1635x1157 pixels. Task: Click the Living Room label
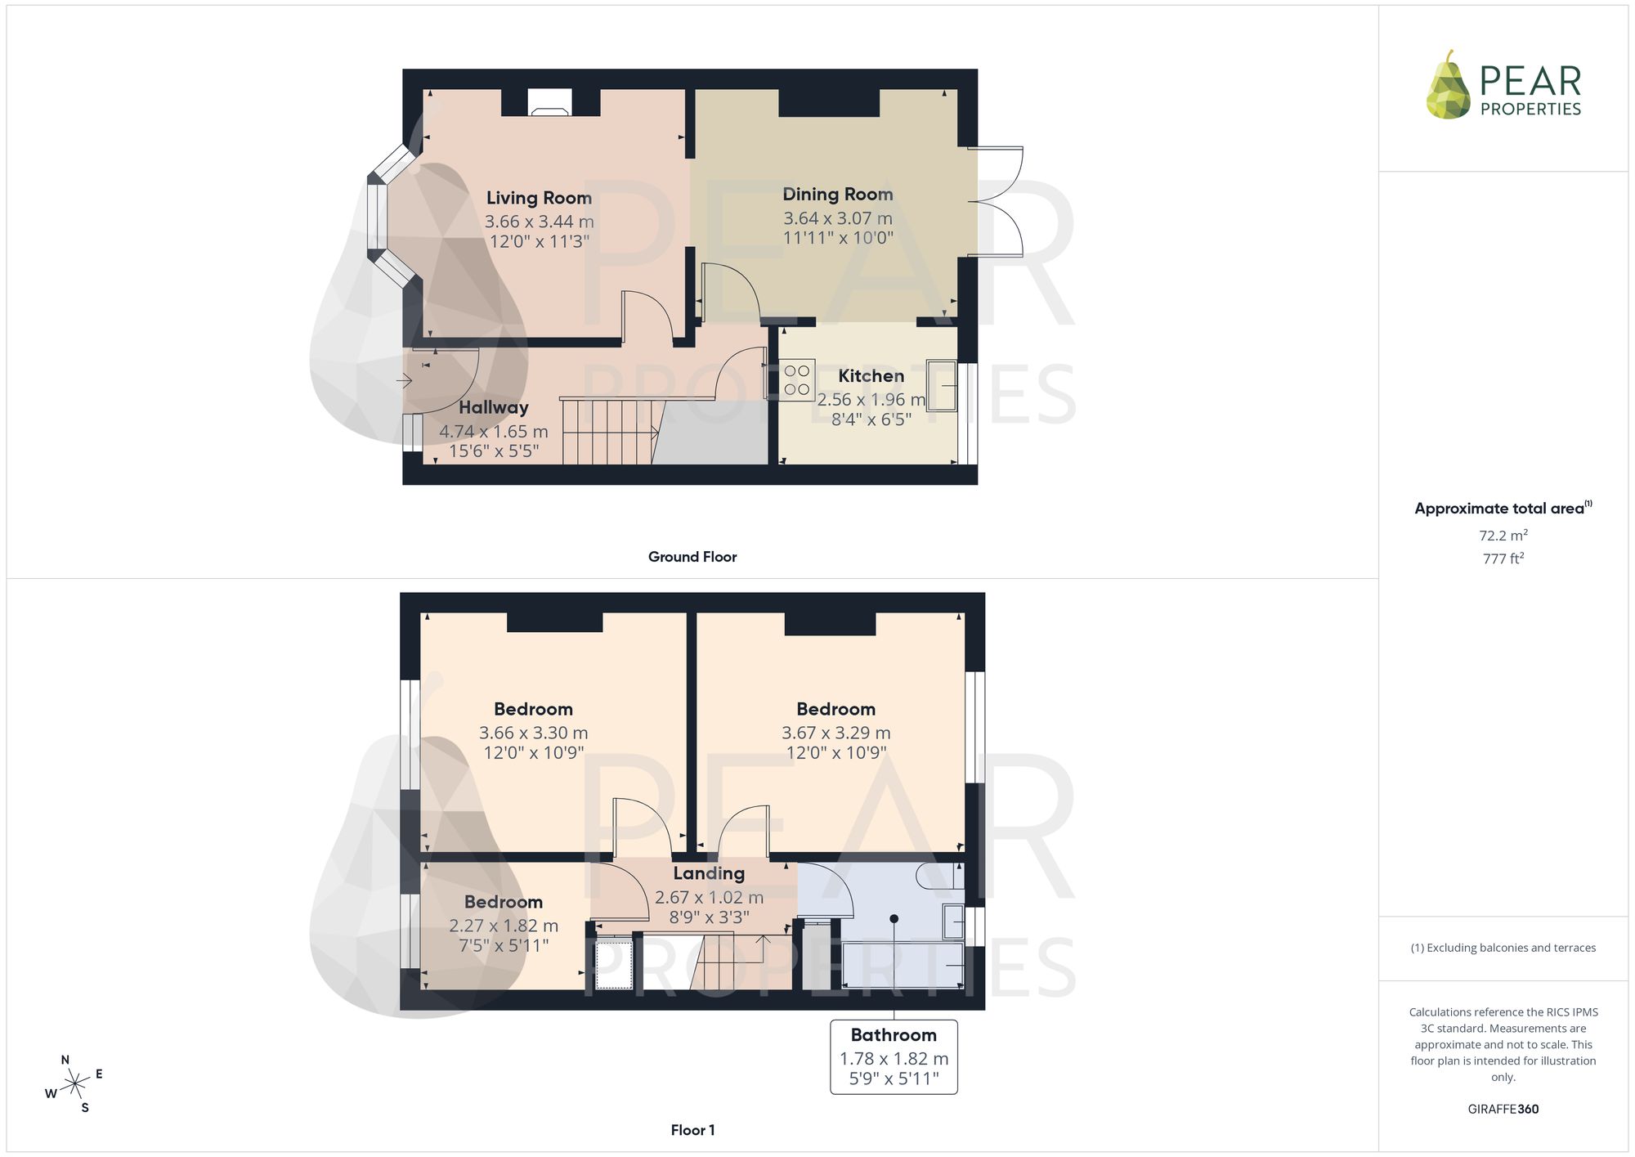tap(539, 198)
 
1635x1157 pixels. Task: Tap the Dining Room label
tap(838, 195)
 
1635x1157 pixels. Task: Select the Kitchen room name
tap(871, 376)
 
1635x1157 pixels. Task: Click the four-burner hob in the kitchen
tap(797, 380)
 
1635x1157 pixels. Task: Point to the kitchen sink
tap(941, 385)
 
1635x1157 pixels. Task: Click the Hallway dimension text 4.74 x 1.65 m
tap(494, 432)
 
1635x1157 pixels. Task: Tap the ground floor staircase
tap(610, 431)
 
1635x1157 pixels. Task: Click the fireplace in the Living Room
tap(550, 102)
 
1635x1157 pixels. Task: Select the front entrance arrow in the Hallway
tap(404, 380)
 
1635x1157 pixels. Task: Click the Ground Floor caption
tap(692, 557)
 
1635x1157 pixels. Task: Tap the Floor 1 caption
tap(692, 1130)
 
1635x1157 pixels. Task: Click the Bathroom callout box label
tap(894, 1035)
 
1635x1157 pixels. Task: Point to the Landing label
tap(709, 873)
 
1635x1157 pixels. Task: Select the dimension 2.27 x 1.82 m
tap(504, 926)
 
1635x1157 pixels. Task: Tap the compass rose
tap(75, 1084)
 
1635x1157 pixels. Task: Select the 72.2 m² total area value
tap(1503, 536)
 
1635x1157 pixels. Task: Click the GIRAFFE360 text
tap(1503, 1110)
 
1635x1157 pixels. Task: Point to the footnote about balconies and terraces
tap(1503, 948)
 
